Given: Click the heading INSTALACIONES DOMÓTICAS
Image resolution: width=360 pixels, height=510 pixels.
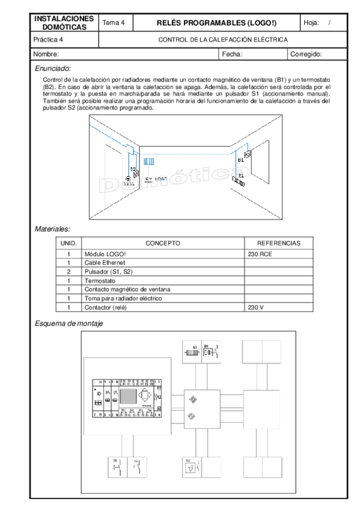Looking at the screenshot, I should point(64,23).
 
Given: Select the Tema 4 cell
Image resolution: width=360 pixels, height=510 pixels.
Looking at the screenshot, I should point(114,23).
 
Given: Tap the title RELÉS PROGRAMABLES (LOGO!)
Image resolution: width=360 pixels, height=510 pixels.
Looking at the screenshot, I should point(216,23).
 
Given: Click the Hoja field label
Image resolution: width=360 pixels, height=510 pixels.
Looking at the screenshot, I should point(311,23).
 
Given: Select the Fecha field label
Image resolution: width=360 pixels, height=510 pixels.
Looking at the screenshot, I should point(232,54).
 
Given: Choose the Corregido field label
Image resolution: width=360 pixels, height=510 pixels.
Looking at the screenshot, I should point(306,54).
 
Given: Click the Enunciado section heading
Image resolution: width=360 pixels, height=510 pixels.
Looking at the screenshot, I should point(53,68).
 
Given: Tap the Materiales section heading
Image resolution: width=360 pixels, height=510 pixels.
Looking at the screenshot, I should point(52,229).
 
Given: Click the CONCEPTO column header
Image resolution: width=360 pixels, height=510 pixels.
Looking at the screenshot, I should point(163,243).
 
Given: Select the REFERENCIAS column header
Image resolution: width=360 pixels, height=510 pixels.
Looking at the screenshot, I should point(278,243).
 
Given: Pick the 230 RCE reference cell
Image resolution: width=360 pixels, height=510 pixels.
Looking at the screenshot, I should point(260,254).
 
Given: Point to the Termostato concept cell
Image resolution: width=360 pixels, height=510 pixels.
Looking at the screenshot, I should point(100,281).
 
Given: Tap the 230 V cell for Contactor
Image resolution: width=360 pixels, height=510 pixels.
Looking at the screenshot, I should point(256,307).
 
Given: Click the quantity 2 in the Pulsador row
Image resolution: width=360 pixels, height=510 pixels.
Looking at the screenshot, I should point(69,272).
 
